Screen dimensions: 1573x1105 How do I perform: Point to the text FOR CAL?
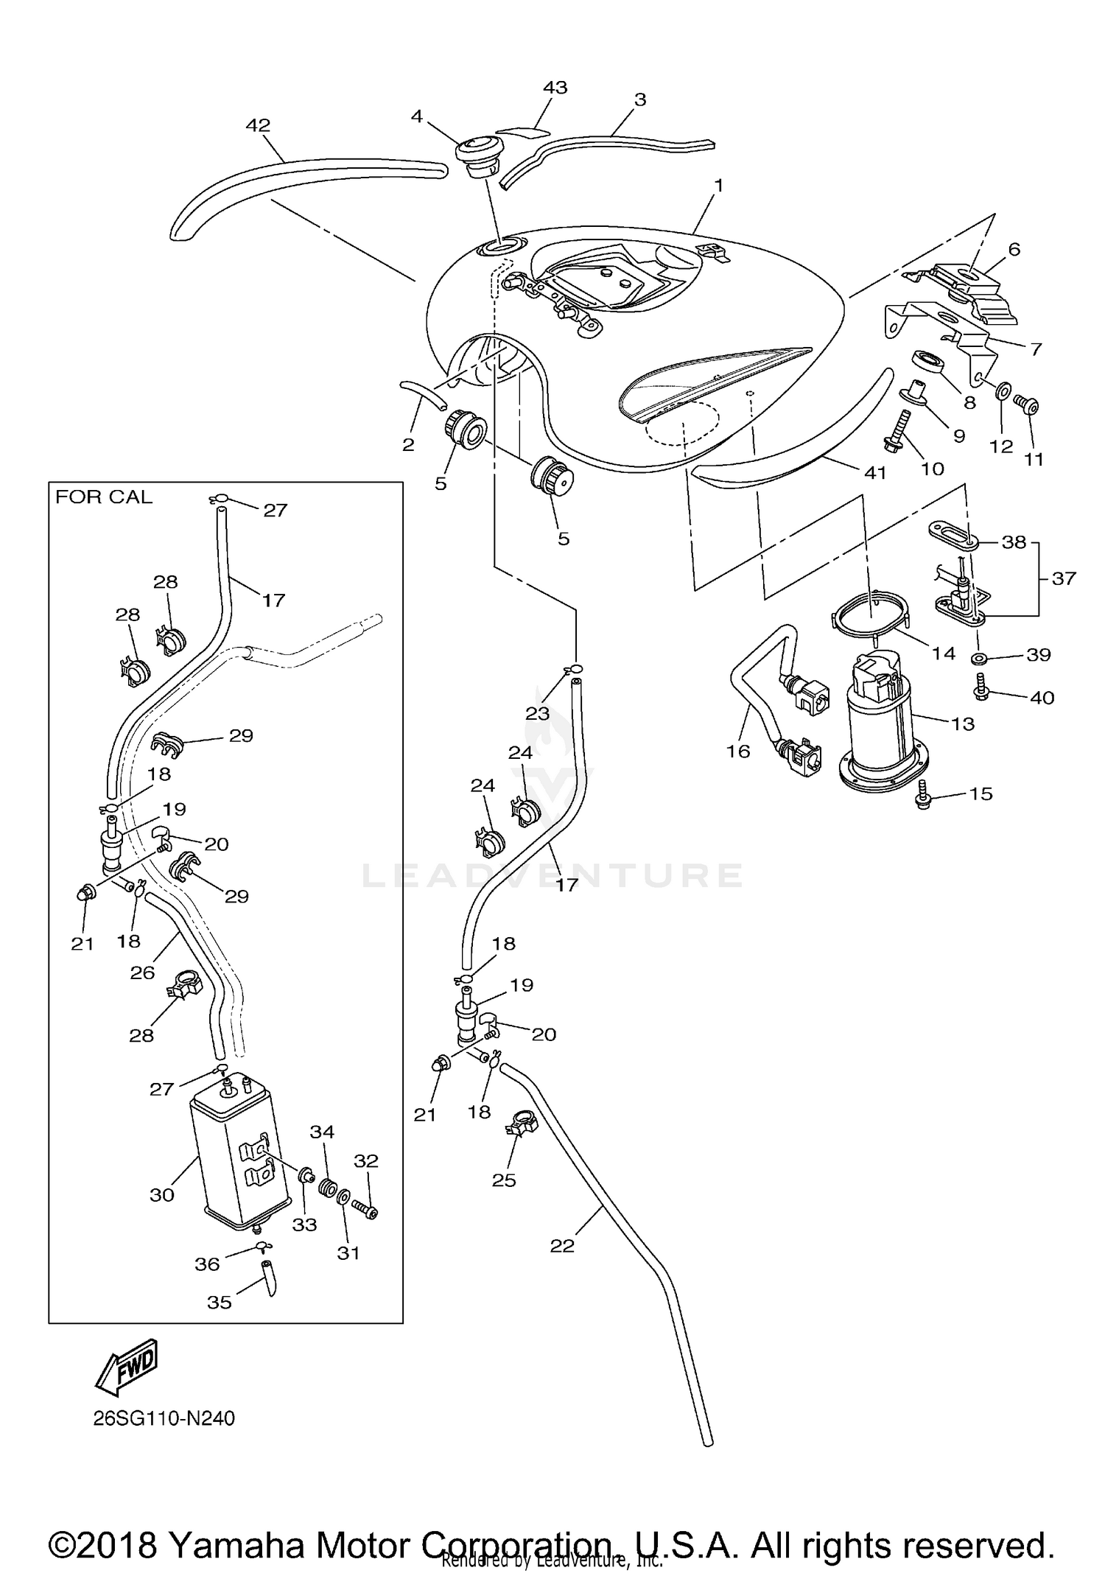pos(104,497)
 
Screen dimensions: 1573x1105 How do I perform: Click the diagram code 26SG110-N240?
pos(164,1418)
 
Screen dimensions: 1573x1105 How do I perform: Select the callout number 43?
pos(555,88)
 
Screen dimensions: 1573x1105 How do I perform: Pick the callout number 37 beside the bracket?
pos(1064,578)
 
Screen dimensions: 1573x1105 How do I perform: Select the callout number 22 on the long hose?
pos(562,1245)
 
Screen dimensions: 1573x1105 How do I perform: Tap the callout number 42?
pos(258,126)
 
